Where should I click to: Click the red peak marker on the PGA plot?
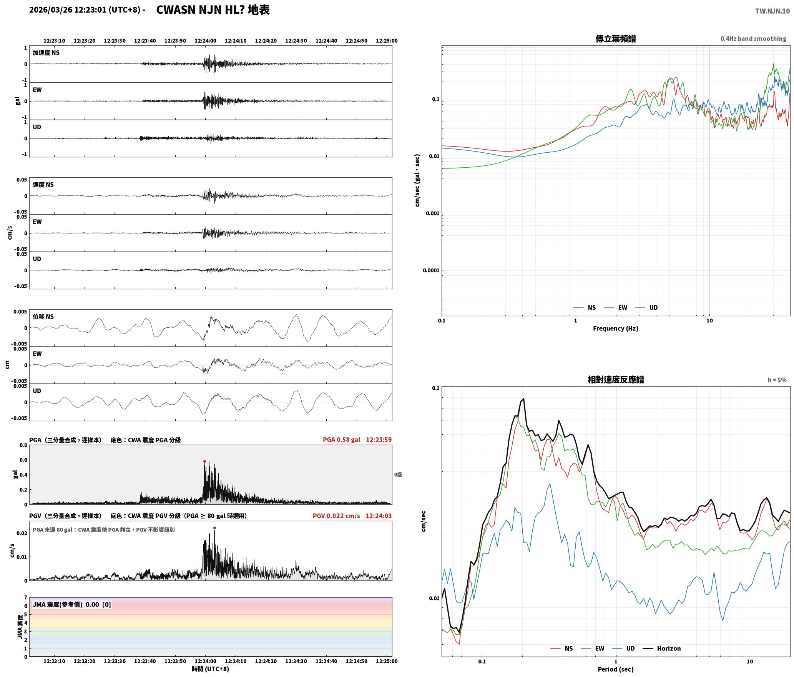click(x=204, y=461)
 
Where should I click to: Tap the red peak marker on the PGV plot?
click(x=214, y=528)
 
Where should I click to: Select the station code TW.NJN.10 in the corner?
click(x=772, y=11)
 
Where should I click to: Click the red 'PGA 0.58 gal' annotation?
click(x=342, y=440)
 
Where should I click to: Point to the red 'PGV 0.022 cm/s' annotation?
click(x=336, y=516)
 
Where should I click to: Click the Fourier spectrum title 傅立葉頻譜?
click(x=616, y=38)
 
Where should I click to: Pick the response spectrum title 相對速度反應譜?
click(x=616, y=380)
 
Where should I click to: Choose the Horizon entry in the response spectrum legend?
click(x=669, y=649)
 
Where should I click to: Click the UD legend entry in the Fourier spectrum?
click(x=653, y=307)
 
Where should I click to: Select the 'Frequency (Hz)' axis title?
click(x=616, y=328)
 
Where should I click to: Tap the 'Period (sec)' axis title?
click(x=616, y=669)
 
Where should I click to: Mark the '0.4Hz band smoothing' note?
click(x=753, y=38)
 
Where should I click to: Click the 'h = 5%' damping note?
click(x=777, y=380)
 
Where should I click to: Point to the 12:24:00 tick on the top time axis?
click(x=205, y=40)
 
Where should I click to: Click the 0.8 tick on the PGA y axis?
click(x=23, y=445)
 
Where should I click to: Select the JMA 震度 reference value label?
click(x=72, y=605)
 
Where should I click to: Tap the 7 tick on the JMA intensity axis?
click(x=26, y=597)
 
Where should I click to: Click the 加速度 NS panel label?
click(x=46, y=53)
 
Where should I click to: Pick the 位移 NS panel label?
click(x=43, y=317)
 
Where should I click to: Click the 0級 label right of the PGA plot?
click(x=398, y=475)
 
